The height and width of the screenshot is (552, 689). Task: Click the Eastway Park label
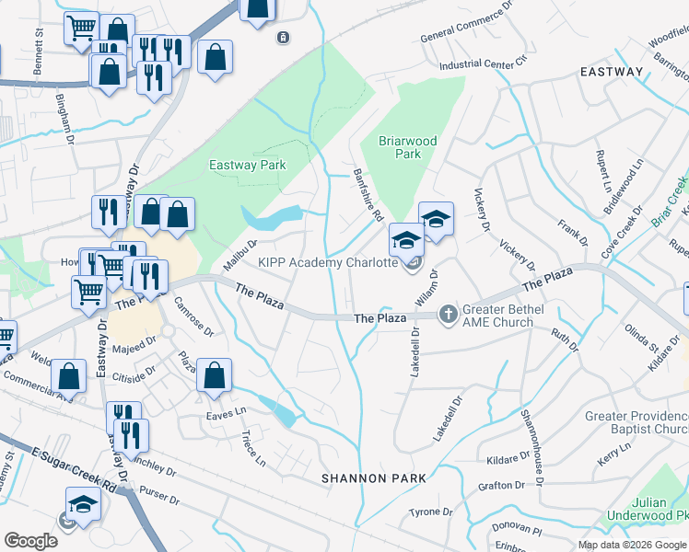(248, 166)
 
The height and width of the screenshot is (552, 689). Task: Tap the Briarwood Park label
(408, 147)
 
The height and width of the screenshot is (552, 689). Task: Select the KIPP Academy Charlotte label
(327, 262)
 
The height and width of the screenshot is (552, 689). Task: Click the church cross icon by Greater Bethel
(448, 315)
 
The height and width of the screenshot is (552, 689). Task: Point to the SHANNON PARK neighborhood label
(374, 478)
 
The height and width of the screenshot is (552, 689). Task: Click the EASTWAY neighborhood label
(612, 71)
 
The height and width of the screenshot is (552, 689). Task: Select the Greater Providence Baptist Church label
(636, 423)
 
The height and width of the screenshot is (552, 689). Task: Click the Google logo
(30, 541)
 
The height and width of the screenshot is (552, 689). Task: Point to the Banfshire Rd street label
(368, 193)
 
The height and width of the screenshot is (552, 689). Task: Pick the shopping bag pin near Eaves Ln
(214, 374)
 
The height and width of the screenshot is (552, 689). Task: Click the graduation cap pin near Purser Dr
(83, 503)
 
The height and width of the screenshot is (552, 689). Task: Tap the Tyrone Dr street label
(431, 512)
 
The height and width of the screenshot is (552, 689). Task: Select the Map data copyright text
(632, 545)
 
